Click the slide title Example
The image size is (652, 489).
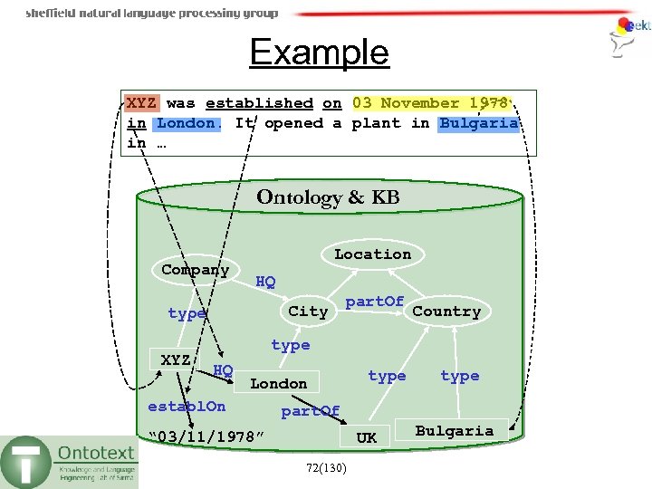coord(319,53)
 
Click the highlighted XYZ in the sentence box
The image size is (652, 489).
coord(140,103)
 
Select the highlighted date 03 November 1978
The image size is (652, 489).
coord(430,103)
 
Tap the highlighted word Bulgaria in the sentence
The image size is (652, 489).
coord(479,123)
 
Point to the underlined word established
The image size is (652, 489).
coord(259,103)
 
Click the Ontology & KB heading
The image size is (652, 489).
coord(328,197)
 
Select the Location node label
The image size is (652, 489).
coord(372,254)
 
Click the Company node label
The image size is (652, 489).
coord(195,270)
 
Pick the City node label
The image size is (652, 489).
coord(308,312)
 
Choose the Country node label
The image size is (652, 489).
coord(446,312)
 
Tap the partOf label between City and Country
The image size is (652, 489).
coord(375,301)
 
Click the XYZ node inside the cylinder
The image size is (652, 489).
coord(176,360)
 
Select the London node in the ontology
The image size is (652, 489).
coord(279,384)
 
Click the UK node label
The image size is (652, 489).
coord(366,437)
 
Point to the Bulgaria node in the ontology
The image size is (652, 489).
coord(454,431)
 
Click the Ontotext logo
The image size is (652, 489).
coord(71,461)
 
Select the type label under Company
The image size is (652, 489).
coord(187,313)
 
